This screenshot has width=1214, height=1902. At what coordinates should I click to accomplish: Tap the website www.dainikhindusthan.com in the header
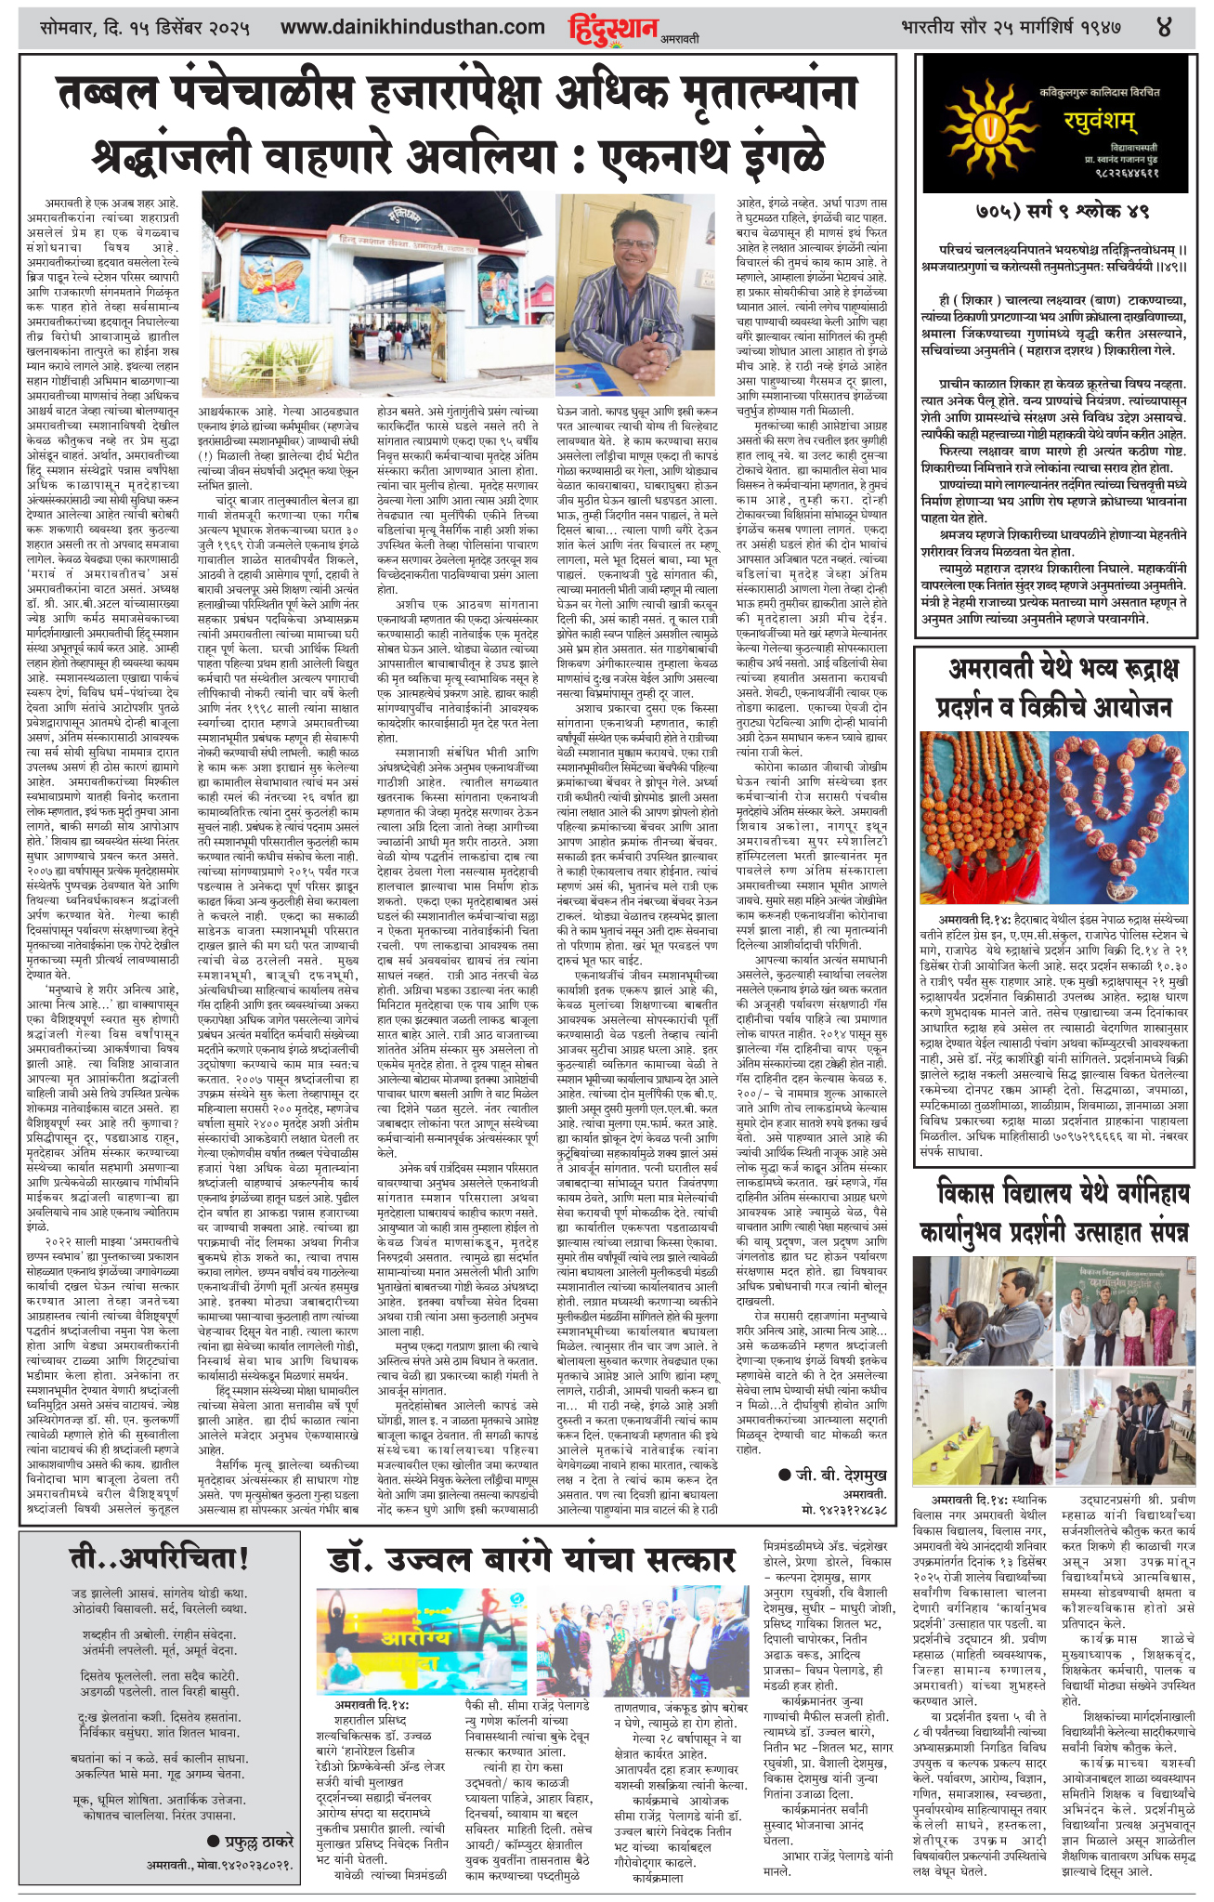(x=412, y=28)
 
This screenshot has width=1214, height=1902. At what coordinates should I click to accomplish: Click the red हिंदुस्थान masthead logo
(x=614, y=28)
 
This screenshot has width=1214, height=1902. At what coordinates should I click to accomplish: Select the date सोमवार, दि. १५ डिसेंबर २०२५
(x=146, y=28)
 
